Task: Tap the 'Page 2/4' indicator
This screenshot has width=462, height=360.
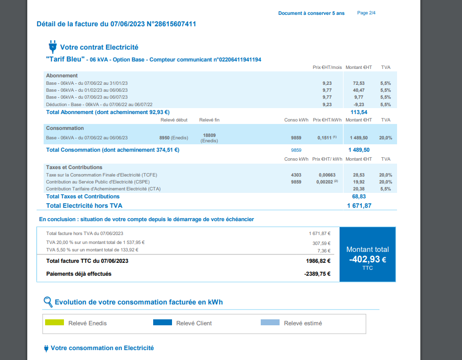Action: pyautogui.click(x=366, y=13)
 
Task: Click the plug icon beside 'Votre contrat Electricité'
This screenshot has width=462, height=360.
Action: pyautogui.click(x=52, y=47)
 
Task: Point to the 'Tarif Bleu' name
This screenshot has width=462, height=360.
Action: pyautogui.click(x=65, y=60)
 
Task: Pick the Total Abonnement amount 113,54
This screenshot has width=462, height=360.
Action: pyautogui.click(x=358, y=112)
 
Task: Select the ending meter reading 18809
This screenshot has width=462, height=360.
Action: pyautogui.click(x=209, y=135)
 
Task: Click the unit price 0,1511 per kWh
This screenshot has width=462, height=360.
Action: pyautogui.click(x=325, y=138)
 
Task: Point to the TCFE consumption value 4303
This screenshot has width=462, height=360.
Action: pyautogui.click(x=296, y=175)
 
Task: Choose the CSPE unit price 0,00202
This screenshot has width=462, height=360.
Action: pyautogui.click(x=325, y=182)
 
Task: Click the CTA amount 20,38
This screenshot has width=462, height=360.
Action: pyautogui.click(x=358, y=189)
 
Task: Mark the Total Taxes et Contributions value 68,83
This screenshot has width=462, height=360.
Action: pyautogui.click(x=359, y=196)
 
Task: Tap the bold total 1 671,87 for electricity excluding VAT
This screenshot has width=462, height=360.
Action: pyautogui.click(x=359, y=205)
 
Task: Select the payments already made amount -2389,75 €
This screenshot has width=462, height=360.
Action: pyautogui.click(x=317, y=274)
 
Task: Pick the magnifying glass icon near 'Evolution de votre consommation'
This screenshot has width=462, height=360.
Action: pyautogui.click(x=48, y=301)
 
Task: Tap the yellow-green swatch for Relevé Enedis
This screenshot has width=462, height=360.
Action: pyautogui.click(x=55, y=323)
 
